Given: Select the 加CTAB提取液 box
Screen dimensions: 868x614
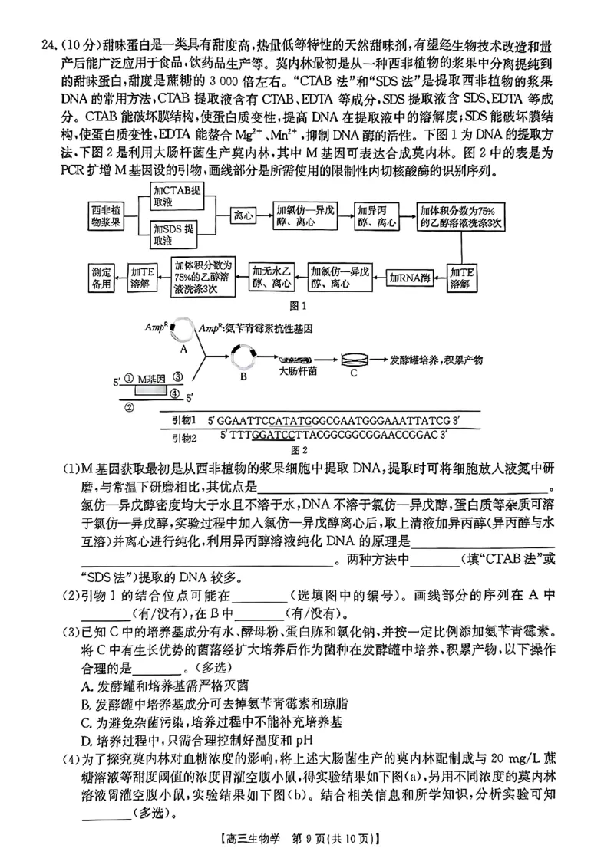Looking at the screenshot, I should [x=177, y=196].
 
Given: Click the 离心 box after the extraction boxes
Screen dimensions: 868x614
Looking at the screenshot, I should [x=243, y=215].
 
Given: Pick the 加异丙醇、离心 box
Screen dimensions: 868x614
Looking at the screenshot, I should [x=376, y=215].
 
